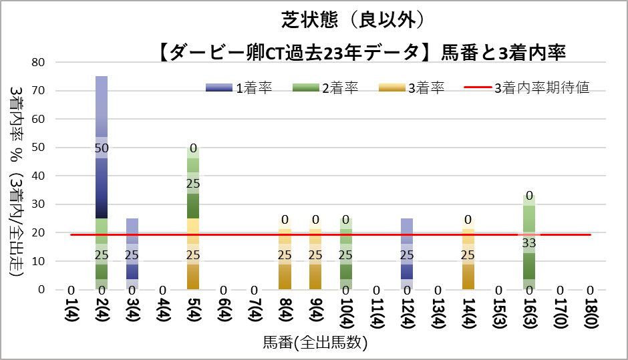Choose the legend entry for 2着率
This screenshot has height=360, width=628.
325,87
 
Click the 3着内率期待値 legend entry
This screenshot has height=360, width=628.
528,87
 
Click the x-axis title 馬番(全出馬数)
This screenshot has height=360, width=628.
315,345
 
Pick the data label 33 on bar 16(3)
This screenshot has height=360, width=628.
529,242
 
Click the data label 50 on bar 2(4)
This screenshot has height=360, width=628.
102,148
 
